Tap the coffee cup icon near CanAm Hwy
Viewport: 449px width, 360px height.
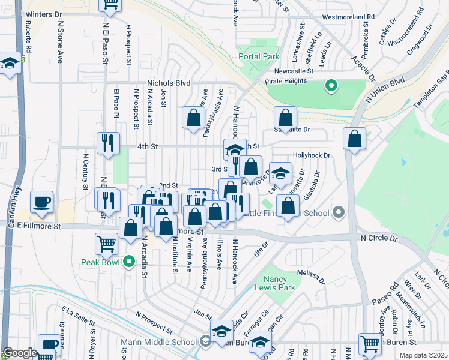click(x=41, y=202)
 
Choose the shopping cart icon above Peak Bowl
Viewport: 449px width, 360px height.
click(x=106, y=243)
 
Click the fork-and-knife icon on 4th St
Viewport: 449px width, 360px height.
click(x=107, y=143)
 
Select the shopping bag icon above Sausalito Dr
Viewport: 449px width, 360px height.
click(x=285, y=117)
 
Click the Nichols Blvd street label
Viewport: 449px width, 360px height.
click(x=169, y=83)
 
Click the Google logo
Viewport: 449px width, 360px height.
click(x=20, y=353)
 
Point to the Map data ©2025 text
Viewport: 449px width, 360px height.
click(x=423, y=355)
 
